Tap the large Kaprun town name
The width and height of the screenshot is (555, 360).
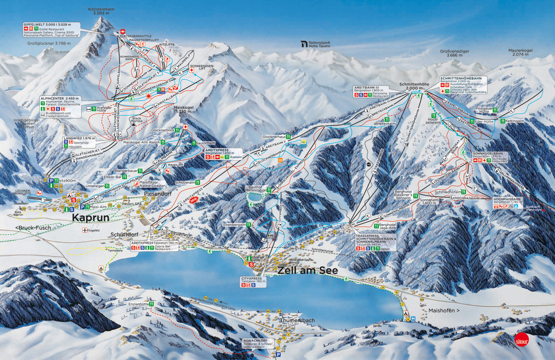click(91, 217)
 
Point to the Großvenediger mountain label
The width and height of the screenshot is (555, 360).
click(451, 53)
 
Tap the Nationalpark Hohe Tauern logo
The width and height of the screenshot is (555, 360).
click(304, 44)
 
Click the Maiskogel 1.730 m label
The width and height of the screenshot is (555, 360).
click(183, 109)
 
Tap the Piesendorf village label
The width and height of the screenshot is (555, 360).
click(158, 193)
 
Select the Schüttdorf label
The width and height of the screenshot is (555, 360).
click(124, 235)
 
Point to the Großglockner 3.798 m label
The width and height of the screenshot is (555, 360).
click(49, 43)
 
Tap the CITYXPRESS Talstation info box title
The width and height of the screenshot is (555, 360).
click(251, 279)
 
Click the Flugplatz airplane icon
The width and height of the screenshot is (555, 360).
click(85, 230)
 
